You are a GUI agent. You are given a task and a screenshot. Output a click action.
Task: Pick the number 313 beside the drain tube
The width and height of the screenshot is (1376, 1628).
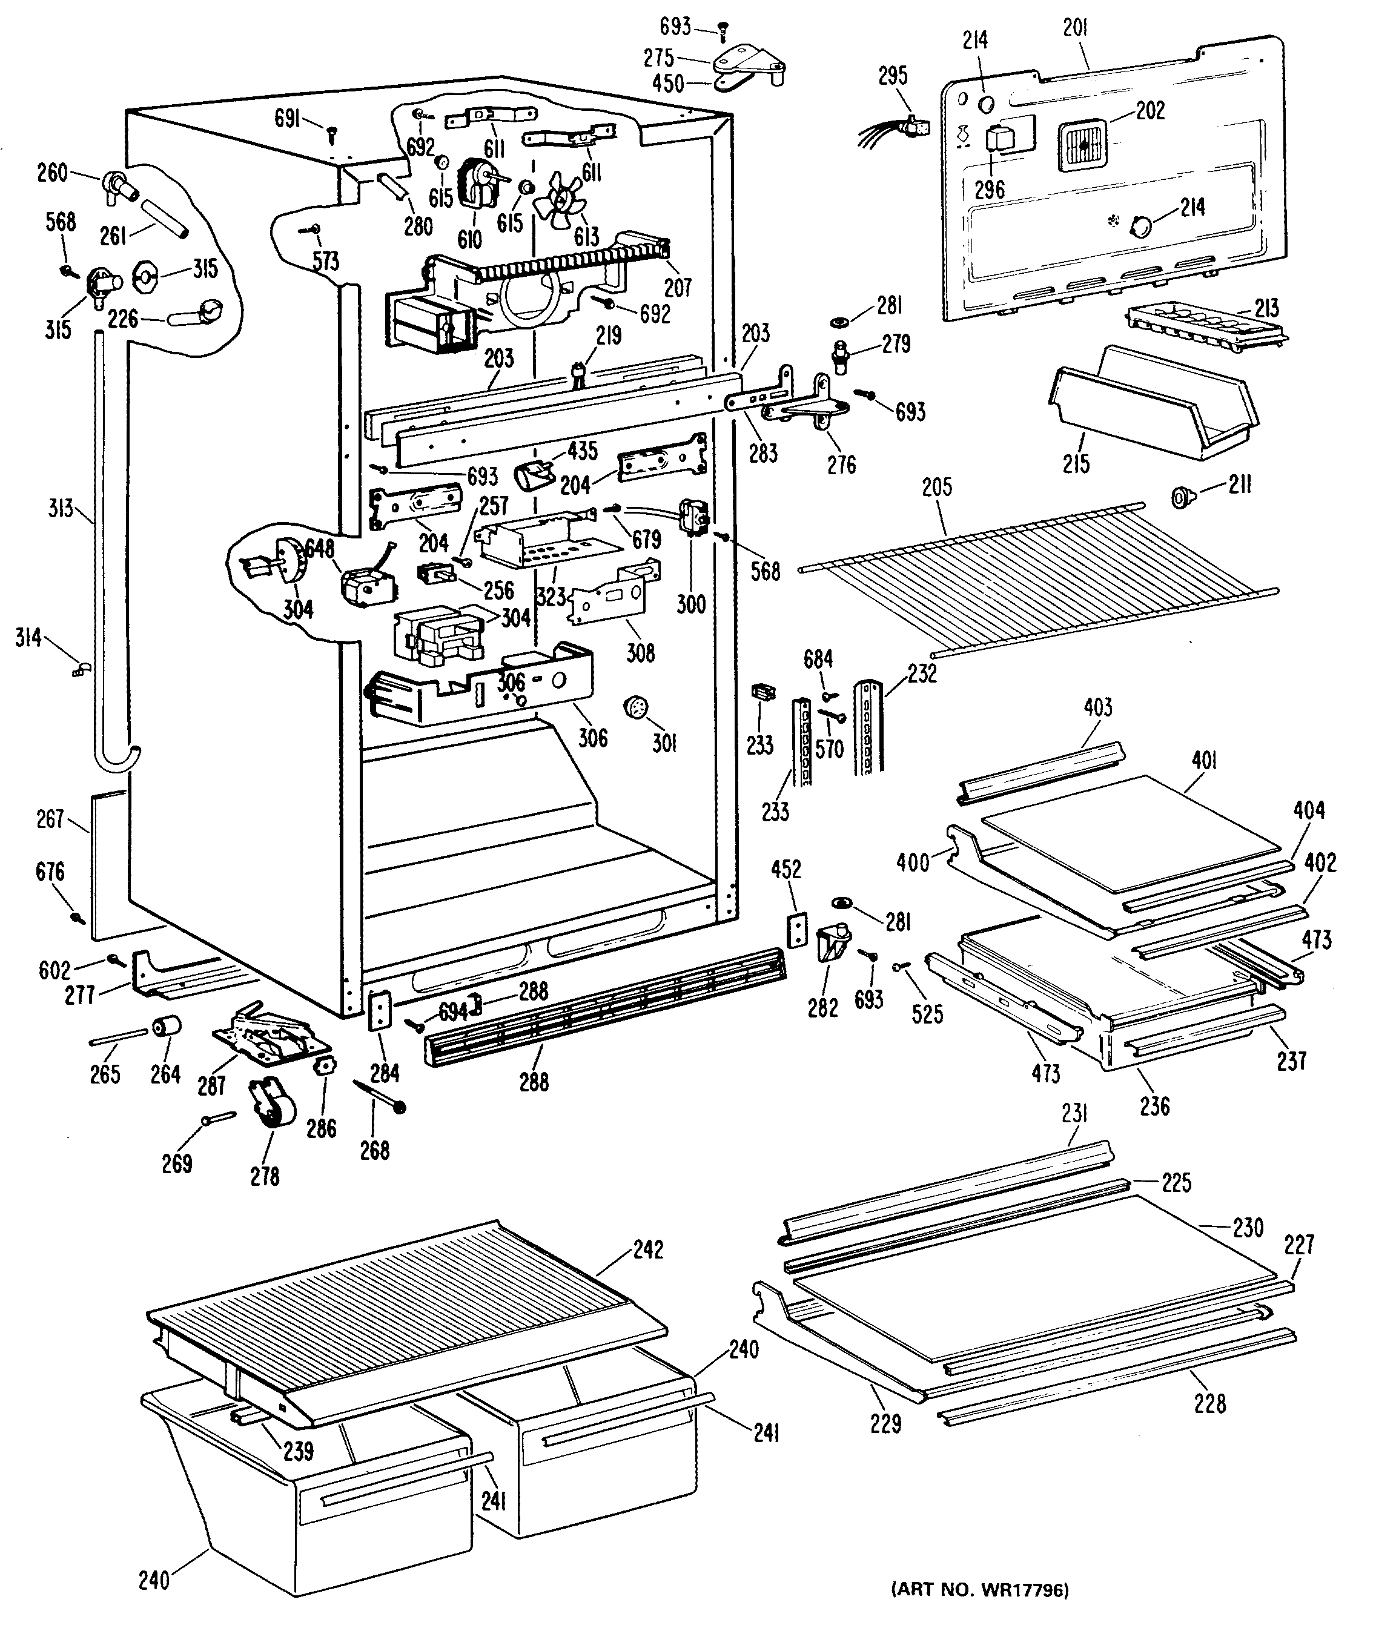click(61, 509)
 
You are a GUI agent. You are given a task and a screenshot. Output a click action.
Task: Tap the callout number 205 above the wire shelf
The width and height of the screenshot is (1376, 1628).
click(937, 487)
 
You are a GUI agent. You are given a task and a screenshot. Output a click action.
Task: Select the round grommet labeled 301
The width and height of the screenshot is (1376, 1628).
click(637, 707)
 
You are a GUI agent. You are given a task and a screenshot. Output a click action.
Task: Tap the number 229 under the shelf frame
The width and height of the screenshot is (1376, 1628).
click(885, 1424)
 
